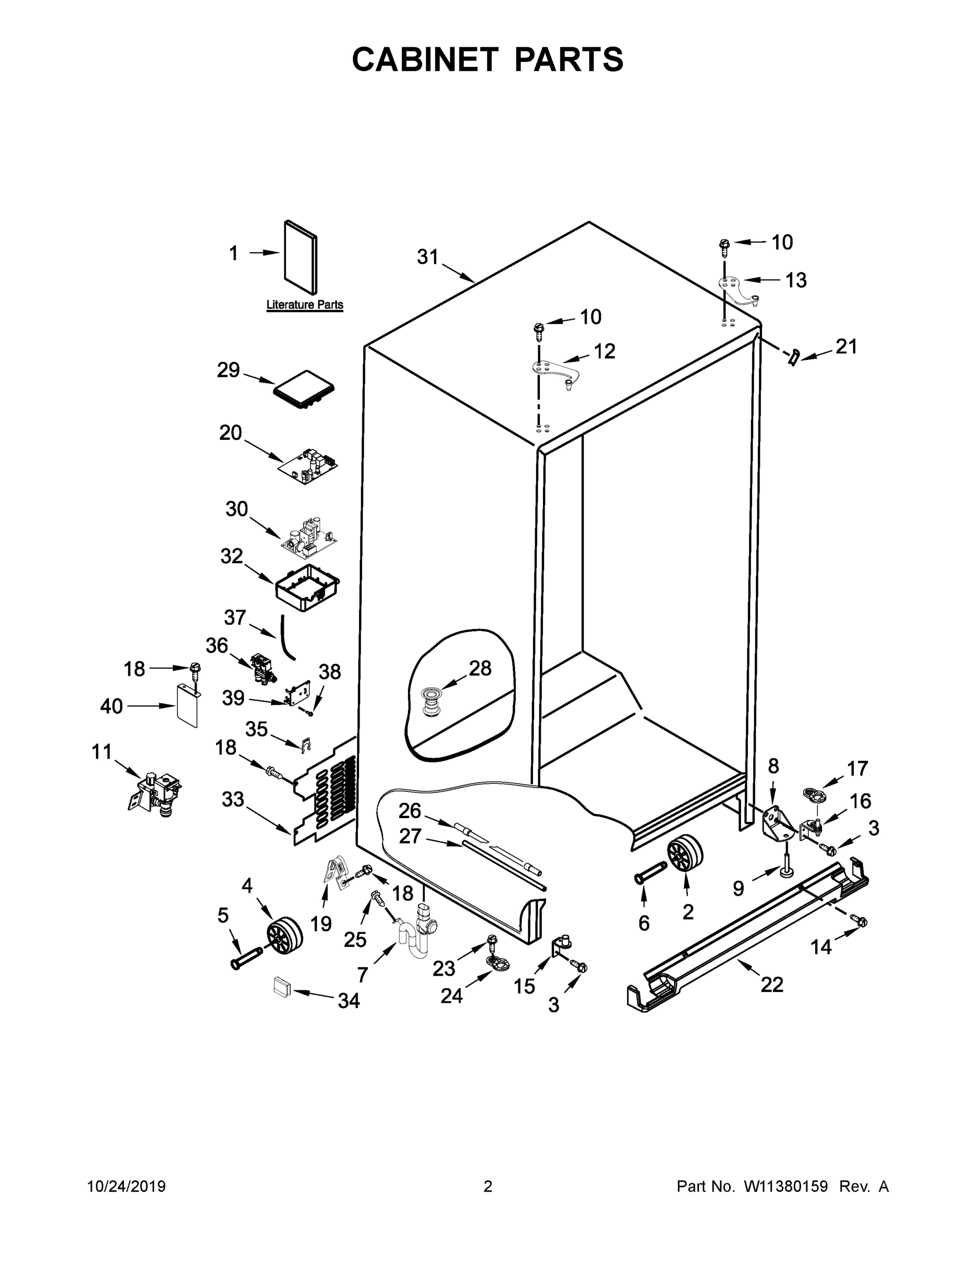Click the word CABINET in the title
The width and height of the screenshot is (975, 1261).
[x=425, y=59]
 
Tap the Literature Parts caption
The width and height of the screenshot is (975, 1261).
[x=304, y=305]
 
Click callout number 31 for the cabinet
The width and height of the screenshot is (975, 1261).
[x=427, y=257]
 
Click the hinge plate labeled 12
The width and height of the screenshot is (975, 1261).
[x=555, y=373]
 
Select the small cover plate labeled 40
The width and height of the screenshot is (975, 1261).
[x=187, y=706]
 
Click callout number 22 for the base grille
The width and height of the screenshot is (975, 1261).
[x=772, y=985]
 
